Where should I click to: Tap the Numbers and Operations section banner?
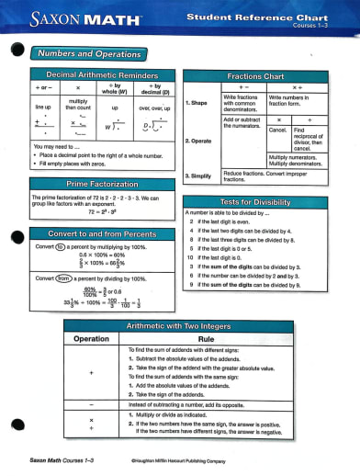(x=88, y=54)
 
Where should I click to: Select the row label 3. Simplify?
(x=200, y=175)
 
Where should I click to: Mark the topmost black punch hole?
(x=15, y=53)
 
